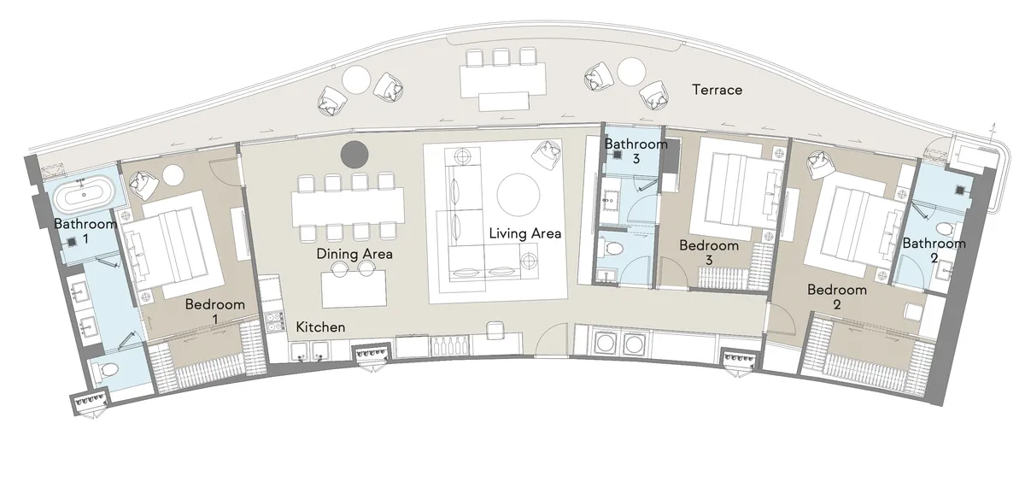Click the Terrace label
[717, 90]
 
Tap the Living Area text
[524, 233]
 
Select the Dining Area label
[354, 254]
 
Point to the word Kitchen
[320, 327]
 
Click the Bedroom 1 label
[215, 311]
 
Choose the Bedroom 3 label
[708, 253]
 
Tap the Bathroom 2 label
[934, 250]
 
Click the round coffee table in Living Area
[518, 194]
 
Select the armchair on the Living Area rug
[544, 156]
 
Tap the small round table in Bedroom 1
[173, 174]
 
